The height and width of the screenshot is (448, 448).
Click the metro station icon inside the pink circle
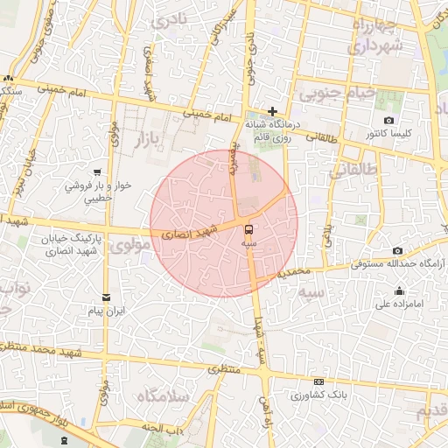point(251,220)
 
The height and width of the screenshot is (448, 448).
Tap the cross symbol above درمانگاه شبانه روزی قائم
point(273,111)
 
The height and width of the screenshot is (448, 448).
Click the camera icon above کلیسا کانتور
point(388,120)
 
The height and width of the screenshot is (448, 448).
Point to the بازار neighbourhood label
point(150,138)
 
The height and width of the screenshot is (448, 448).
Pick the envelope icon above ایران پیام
point(106,297)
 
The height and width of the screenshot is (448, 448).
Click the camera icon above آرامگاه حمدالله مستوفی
point(397,250)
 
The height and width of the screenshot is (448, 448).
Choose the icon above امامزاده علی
point(400,291)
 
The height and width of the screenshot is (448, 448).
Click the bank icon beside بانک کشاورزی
point(318,382)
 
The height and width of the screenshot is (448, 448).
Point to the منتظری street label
point(223,371)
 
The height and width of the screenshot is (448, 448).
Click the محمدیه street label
point(294,273)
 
